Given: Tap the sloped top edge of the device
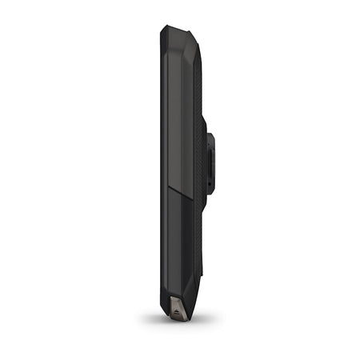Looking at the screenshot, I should point(178,29).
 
